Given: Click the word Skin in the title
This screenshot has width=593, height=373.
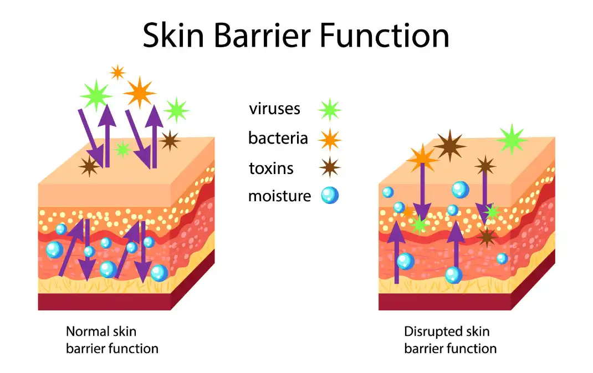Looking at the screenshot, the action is [173, 35].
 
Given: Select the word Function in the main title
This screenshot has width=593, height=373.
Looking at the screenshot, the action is [385, 35].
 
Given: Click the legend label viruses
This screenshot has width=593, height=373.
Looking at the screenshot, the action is [274, 109].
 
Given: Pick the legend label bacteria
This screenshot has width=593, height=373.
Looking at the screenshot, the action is [278, 138].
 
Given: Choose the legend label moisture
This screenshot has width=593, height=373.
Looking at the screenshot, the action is [279, 196].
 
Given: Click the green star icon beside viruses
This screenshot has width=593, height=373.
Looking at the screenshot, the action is [329, 110].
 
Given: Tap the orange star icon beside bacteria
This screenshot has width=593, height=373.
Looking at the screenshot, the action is [329, 139].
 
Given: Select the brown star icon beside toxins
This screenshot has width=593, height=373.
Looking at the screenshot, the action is [329, 167].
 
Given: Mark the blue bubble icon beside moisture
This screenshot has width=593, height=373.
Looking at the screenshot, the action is [330, 196].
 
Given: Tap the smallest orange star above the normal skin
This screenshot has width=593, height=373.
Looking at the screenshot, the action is [117, 72].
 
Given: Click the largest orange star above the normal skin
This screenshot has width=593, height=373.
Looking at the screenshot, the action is [140, 93].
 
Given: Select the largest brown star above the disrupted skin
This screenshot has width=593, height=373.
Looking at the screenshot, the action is [449, 146].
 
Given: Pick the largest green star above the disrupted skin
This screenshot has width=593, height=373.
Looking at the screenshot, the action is [512, 140].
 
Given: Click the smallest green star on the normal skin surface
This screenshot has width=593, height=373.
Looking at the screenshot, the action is [123, 150].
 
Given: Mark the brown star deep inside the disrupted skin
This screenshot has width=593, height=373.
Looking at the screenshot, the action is [487, 237].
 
